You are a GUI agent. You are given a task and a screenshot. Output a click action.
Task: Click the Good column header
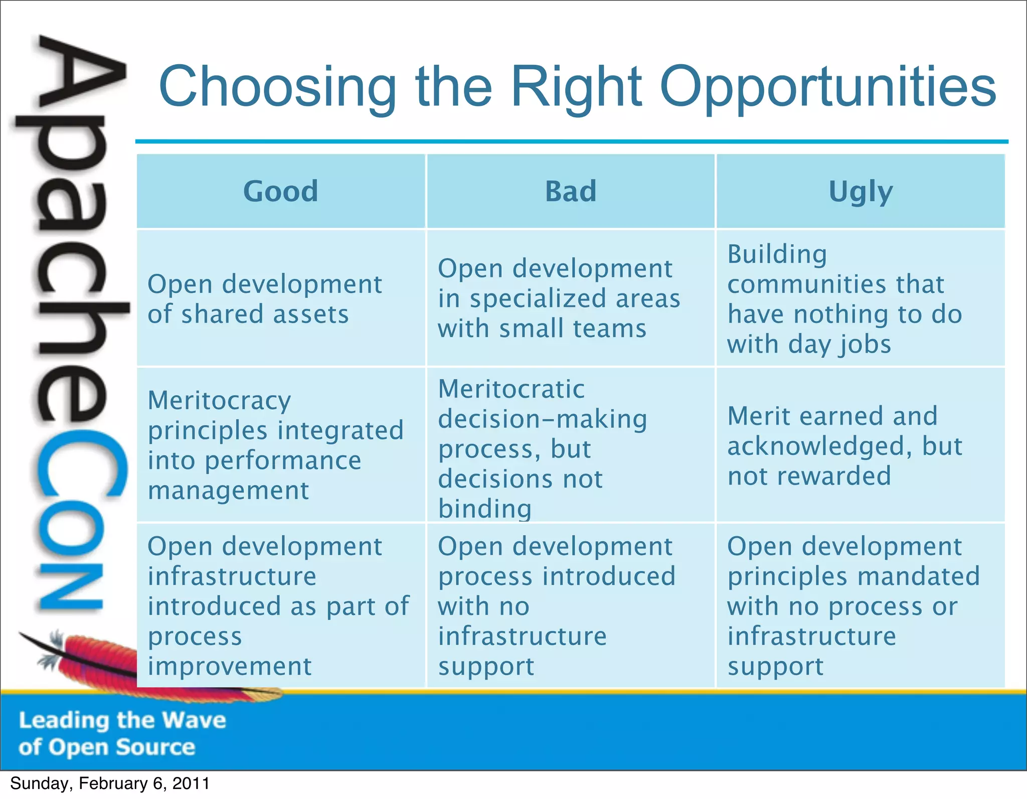point(280,191)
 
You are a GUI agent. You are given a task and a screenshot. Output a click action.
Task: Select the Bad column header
point(571,191)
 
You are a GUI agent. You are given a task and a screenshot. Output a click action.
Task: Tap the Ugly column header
point(861,192)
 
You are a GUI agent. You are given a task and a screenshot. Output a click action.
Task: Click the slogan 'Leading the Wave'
point(122,720)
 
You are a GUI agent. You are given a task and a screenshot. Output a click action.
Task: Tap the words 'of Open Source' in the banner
point(107,747)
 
